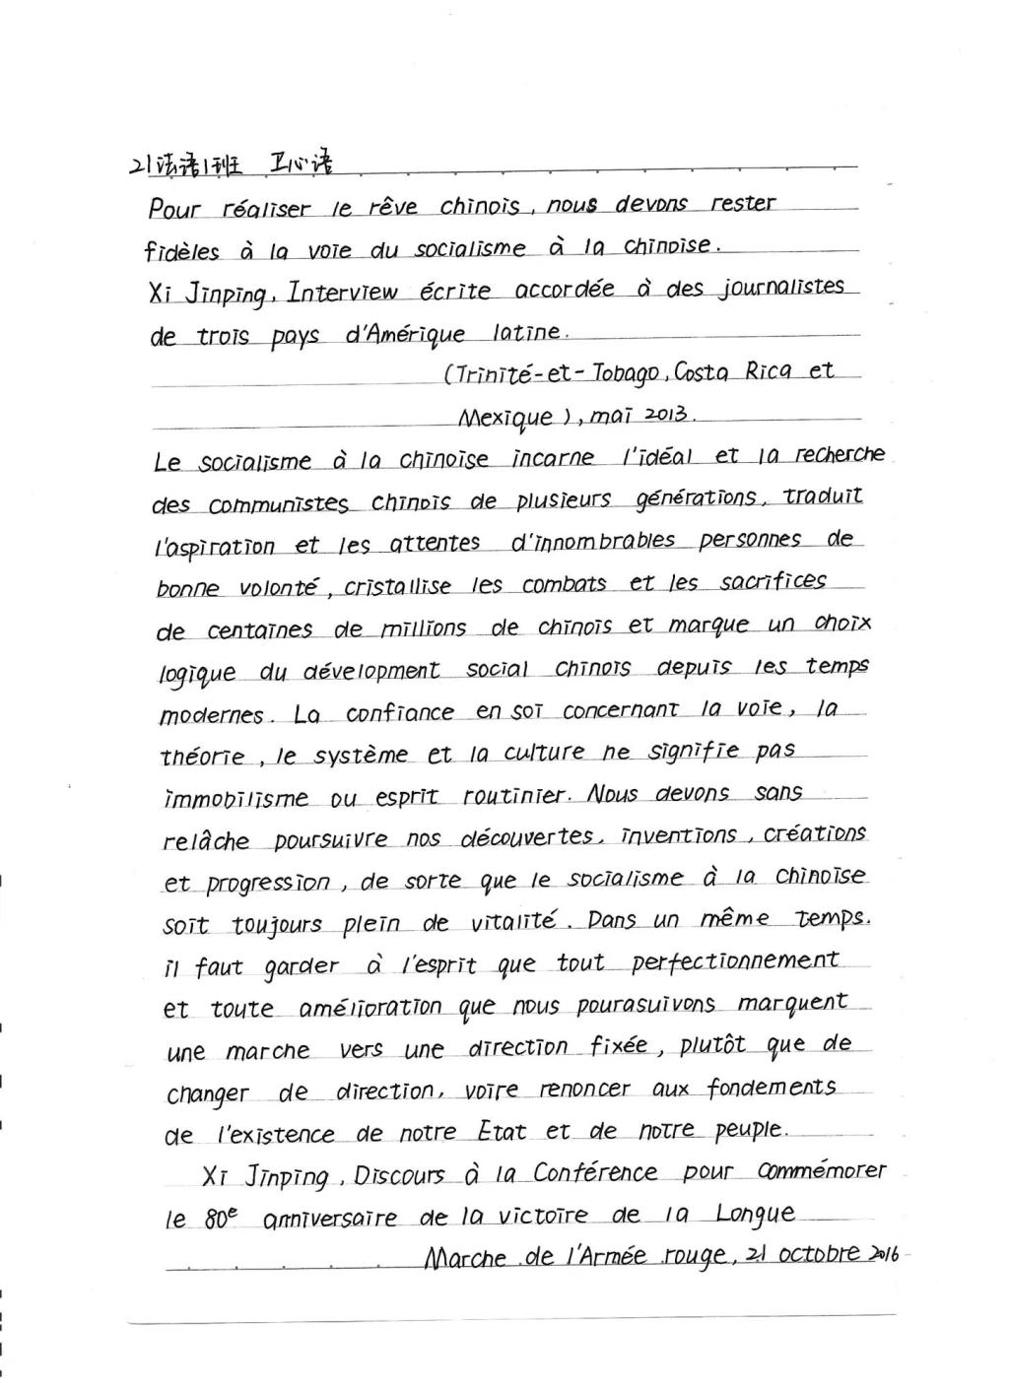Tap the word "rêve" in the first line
point(392,207)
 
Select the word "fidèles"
point(181,251)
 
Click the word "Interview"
point(343,293)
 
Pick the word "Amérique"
point(405,335)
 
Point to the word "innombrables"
point(593,542)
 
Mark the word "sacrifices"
point(773,581)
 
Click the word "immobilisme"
point(235,799)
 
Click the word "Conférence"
point(595,1173)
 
